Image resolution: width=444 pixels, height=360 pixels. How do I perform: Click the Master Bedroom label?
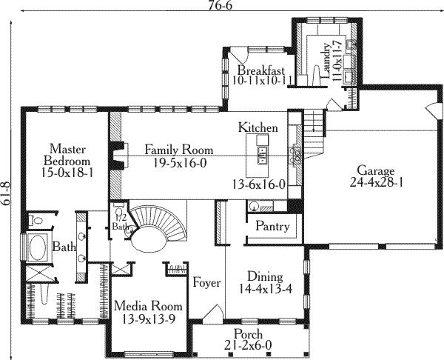67,155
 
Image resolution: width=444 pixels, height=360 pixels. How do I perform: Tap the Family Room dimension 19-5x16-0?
180,163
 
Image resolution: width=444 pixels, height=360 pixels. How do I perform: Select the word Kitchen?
258,127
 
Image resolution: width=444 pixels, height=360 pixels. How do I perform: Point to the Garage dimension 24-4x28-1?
377,182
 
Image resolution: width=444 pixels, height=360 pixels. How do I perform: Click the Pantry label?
272,227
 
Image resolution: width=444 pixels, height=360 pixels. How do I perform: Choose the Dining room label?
265,276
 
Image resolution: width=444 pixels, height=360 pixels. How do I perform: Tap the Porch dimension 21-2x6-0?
248,345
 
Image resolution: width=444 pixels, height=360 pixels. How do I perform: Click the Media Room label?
148,307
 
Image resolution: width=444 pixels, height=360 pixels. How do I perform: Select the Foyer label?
206,283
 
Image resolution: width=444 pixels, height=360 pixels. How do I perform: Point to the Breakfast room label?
260,70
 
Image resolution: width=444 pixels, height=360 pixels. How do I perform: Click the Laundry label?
326,61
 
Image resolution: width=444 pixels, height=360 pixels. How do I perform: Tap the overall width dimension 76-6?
221,5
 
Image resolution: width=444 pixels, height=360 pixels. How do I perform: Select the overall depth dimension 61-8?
6,193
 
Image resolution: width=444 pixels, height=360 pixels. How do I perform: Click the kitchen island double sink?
263,156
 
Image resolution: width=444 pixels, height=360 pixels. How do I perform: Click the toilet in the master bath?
36,220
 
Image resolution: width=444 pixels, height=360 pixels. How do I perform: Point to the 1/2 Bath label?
120,221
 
